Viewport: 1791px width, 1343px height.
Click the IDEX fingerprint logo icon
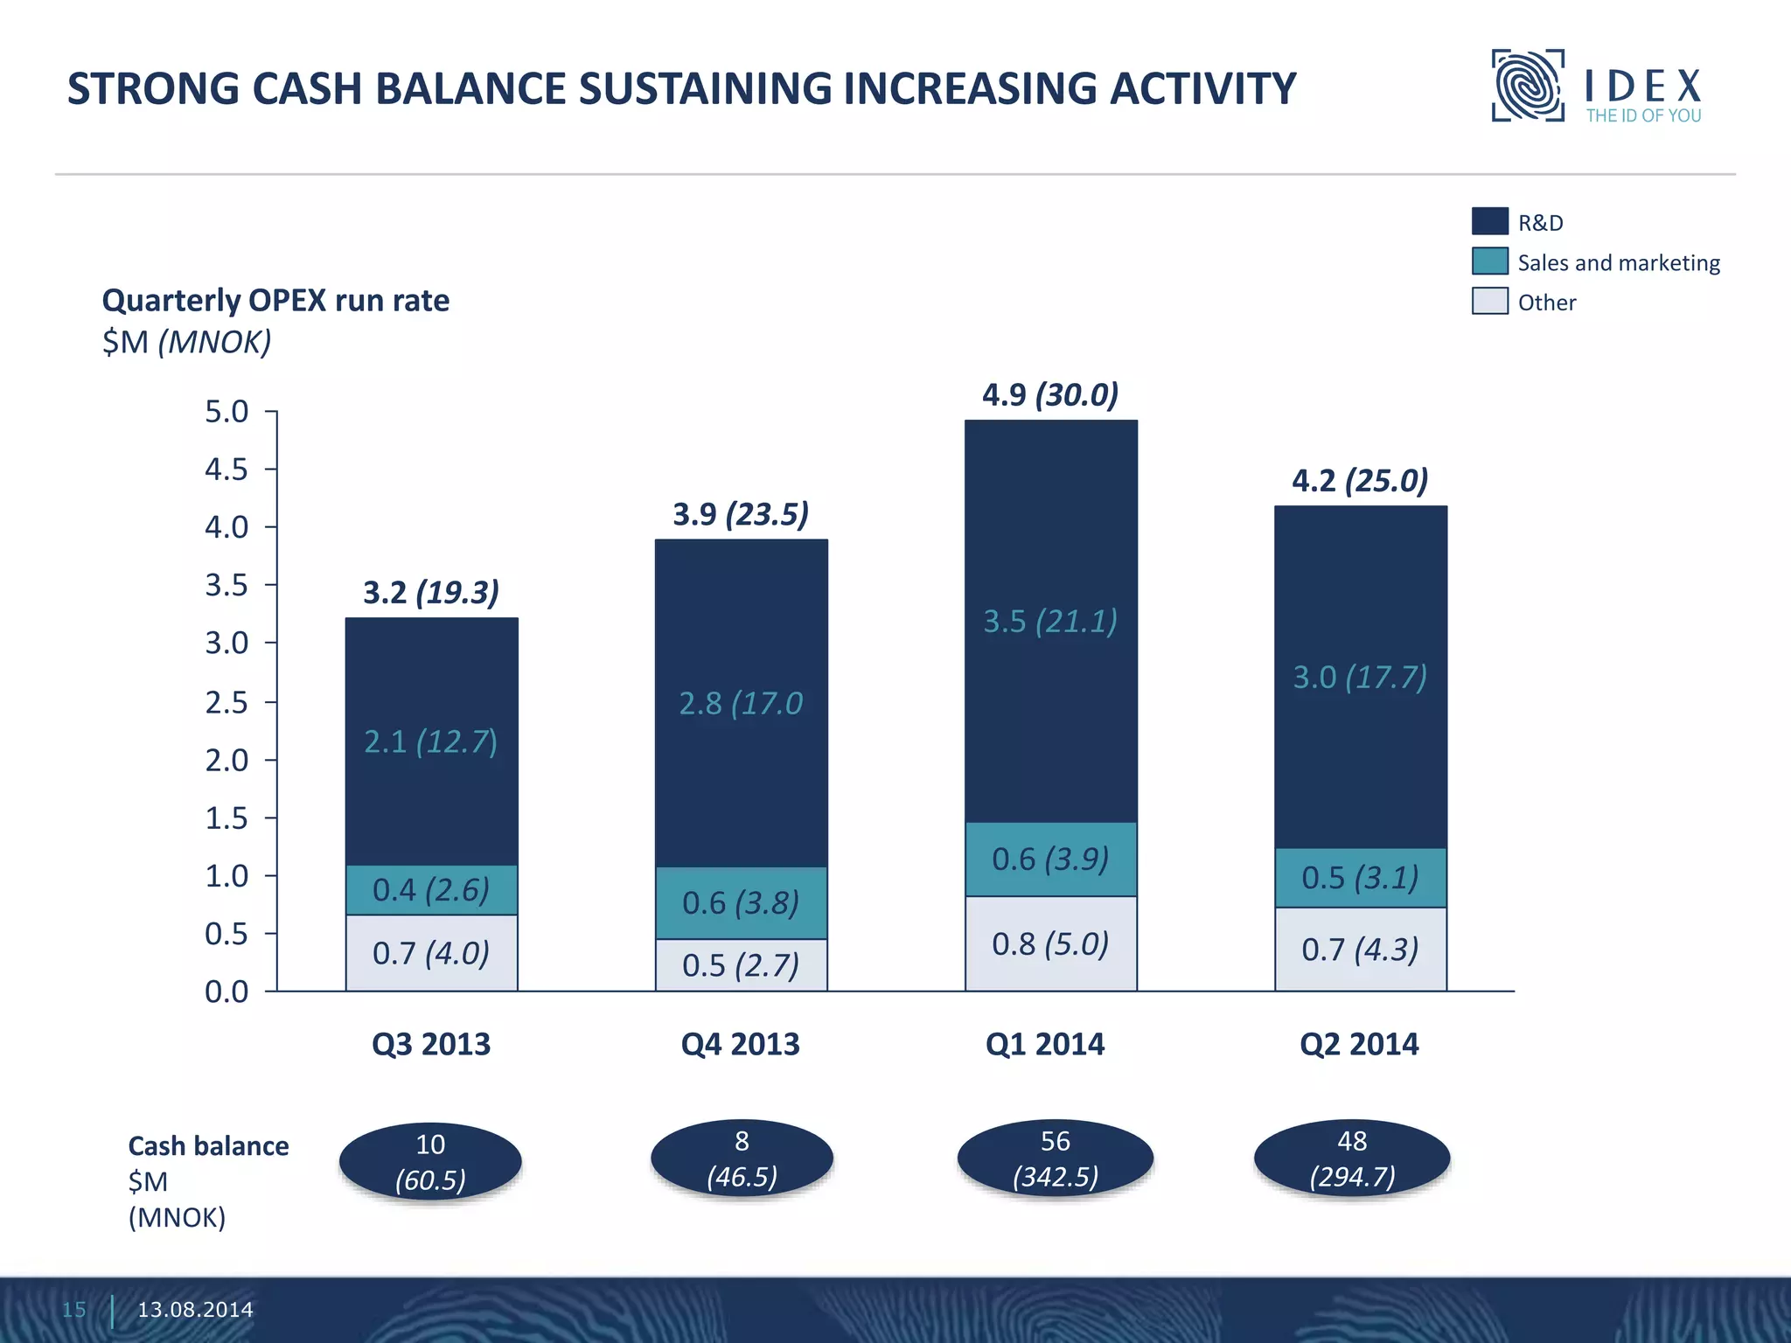pos(1527,86)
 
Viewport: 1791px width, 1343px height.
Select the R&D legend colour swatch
pos(1489,221)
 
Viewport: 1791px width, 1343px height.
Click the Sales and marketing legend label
pos(1618,262)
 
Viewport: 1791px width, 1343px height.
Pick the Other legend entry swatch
pos(1489,301)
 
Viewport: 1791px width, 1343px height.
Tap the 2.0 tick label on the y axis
pos(226,761)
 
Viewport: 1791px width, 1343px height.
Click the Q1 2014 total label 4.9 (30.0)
pos(1049,395)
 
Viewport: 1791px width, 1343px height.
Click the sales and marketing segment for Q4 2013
pos(741,902)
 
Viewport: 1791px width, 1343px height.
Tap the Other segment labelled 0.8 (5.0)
pos(1050,944)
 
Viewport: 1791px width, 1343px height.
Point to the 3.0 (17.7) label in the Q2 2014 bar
pos(1360,678)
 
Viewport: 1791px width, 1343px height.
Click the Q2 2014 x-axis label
pos(1359,1044)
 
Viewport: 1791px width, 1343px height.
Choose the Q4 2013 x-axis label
pos(740,1044)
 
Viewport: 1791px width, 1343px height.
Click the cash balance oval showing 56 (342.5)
pos(1055,1159)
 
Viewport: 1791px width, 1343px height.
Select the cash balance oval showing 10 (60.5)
pos(430,1162)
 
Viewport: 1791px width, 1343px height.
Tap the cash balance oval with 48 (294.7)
pos(1352,1159)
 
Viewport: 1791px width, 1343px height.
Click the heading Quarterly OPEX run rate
pos(275,301)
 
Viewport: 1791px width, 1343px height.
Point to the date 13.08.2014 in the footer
pos(195,1310)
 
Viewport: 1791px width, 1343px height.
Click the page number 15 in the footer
pos(74,1310)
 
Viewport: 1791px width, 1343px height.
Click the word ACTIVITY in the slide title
pos(1202,89)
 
